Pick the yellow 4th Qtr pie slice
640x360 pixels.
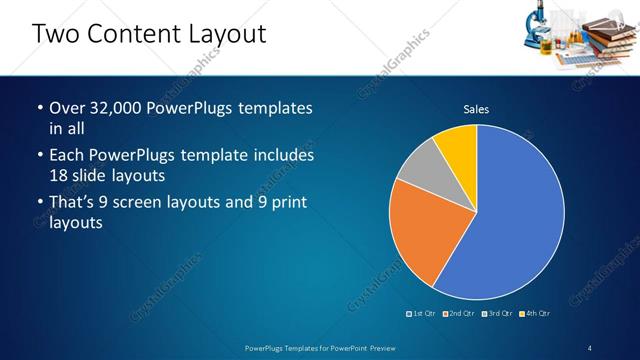click(x=458, y=142)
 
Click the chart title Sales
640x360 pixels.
click(x=476, y=109)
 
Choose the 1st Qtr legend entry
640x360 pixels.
click(x=421, y=313)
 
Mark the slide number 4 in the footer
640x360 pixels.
click(x=590, y=347)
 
